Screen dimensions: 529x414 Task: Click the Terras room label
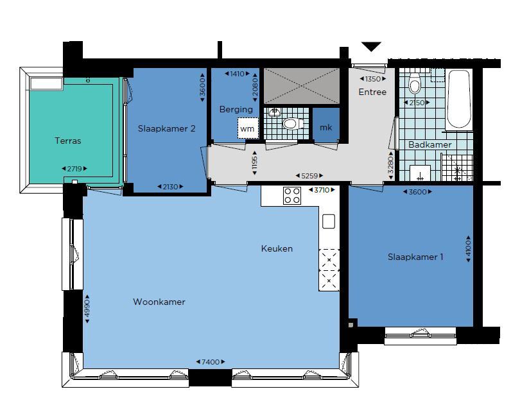tap(68, 141)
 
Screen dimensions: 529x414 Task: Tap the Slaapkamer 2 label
tap(167, 128)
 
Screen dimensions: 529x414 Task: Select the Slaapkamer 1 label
tap(415, 257)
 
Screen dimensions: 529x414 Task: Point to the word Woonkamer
tap(159, 302)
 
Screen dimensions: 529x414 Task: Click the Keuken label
tap(277, 248)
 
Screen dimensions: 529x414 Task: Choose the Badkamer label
tap(430, 145)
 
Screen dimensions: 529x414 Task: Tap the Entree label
tap(372, 92)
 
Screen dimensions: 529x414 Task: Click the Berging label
tap(236, 109)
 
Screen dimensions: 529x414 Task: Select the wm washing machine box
tap(248, 128)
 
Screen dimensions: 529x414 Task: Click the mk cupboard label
tap(325, 128)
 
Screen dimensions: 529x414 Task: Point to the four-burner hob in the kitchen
tap(292, 196)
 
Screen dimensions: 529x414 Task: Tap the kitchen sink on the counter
tap(329, 221)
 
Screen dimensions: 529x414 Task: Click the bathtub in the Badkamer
tap(459, 99)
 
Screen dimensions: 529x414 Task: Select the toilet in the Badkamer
tap(415, 83)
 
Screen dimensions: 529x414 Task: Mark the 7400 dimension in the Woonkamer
tap(211, 362)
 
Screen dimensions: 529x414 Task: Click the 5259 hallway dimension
tap(309, 176)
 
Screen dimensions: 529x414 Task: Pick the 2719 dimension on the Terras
tap(74, 169)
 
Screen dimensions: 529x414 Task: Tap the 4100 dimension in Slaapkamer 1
tap(468, 248)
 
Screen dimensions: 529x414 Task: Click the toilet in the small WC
tap(293, 123)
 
